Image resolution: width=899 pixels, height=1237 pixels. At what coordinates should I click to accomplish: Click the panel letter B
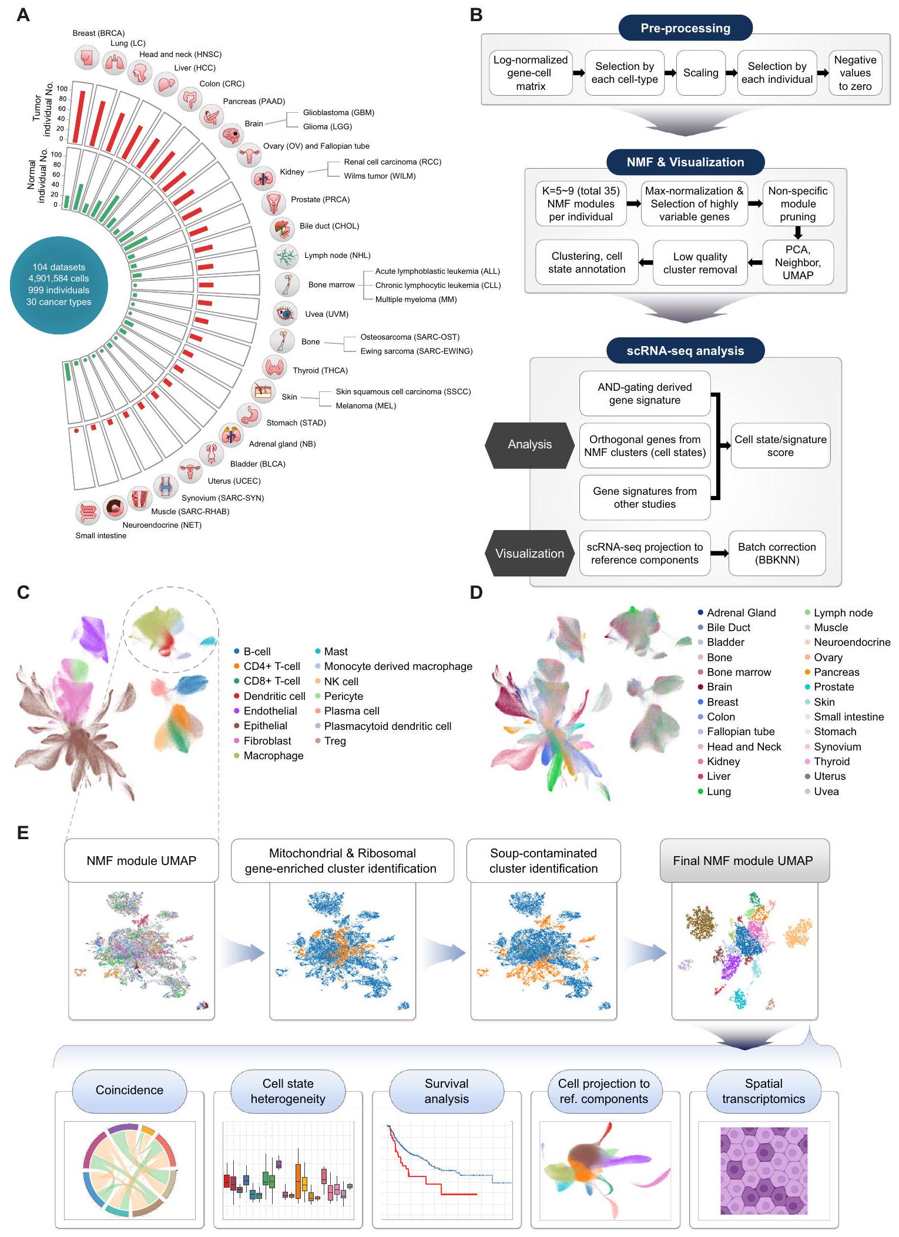477,15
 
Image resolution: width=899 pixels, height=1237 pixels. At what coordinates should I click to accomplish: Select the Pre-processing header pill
685,28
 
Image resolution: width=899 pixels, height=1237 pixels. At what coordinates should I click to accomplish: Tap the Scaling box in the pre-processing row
700,73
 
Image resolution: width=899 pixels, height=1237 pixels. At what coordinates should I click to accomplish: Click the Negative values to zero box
855,73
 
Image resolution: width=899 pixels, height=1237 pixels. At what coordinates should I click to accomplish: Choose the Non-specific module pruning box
797,204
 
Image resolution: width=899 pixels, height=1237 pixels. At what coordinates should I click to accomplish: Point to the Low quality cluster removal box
700,263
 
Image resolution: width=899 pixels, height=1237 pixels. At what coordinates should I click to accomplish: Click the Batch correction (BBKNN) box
777,554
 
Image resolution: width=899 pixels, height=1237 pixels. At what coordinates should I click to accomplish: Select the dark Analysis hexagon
529,445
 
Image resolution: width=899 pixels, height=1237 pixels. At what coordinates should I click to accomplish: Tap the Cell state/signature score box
780,446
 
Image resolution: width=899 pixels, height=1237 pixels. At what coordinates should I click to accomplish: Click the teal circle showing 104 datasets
59,285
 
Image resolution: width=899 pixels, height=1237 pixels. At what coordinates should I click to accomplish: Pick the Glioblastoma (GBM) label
338,112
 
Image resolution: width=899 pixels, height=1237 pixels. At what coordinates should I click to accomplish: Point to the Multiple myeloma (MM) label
416,299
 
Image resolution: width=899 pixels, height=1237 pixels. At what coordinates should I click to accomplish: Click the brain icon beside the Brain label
230,135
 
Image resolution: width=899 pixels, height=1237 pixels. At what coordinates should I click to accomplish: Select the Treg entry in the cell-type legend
334,741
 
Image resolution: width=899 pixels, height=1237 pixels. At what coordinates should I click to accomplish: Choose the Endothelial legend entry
270,711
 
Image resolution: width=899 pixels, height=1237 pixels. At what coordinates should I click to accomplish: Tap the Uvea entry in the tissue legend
826,792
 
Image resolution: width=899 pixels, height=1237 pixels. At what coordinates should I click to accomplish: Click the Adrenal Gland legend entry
740,613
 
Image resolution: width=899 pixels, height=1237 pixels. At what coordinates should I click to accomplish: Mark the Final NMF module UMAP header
744,860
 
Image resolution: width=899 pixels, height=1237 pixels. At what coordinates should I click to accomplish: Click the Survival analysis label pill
447,1091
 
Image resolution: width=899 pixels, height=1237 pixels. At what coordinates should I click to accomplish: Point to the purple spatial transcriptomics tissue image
763,1171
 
